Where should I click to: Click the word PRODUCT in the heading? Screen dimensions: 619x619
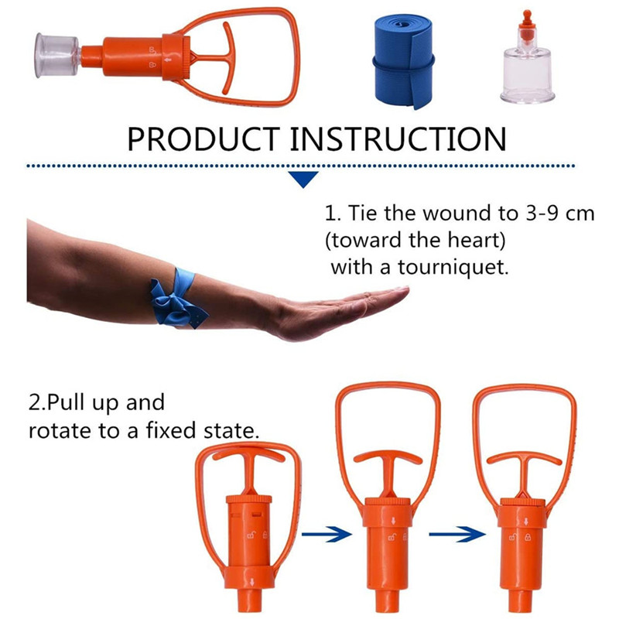[x=203, y=139]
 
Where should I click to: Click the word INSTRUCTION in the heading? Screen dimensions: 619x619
[x=398, y=139]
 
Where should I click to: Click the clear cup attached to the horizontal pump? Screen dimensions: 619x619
[x=56, y=55]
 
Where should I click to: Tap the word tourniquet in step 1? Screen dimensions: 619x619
[x=453, y=267]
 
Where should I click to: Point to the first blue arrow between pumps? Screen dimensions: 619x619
[x=327, y=534]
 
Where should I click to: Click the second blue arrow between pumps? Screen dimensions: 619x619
[x=457, y=534]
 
